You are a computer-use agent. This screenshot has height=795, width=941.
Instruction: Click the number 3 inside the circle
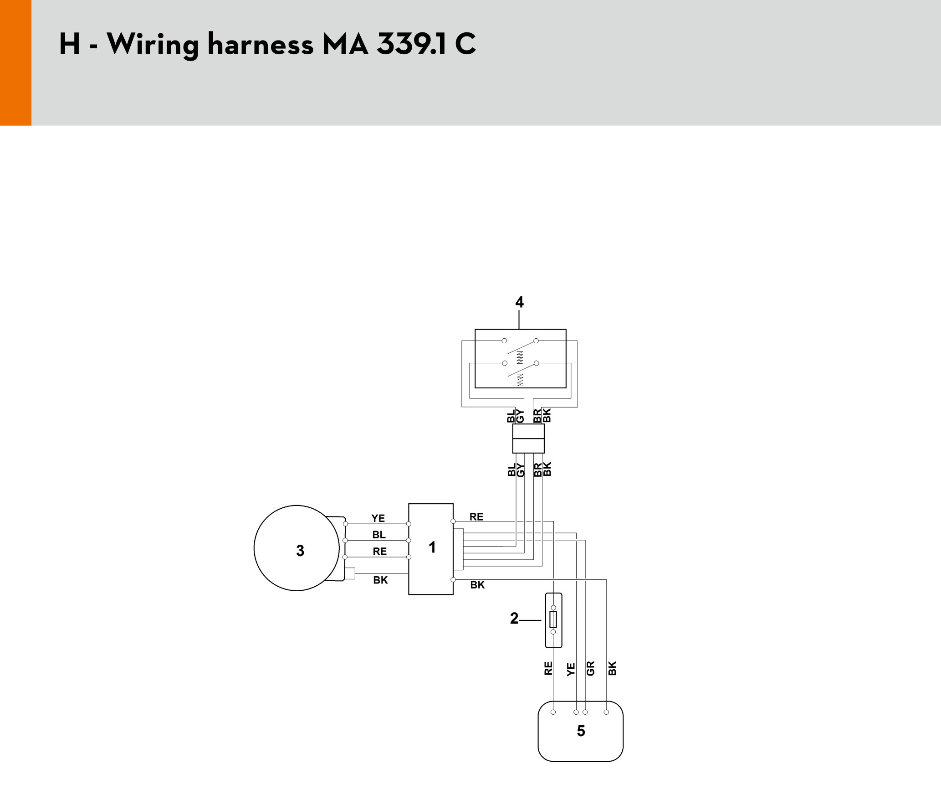300,551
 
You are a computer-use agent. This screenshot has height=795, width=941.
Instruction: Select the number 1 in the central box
432,547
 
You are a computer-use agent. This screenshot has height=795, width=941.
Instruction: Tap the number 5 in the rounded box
581,731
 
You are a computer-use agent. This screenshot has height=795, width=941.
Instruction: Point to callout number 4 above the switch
519,302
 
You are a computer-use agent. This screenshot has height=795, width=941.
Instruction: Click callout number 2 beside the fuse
514,618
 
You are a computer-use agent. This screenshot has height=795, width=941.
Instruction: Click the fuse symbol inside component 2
553,619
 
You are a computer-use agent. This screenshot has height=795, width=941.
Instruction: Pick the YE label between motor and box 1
378,518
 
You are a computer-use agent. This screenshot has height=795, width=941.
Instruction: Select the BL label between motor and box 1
379,535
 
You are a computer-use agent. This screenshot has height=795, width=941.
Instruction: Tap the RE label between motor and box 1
380,552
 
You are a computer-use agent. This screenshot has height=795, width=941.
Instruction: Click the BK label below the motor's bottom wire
380,580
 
